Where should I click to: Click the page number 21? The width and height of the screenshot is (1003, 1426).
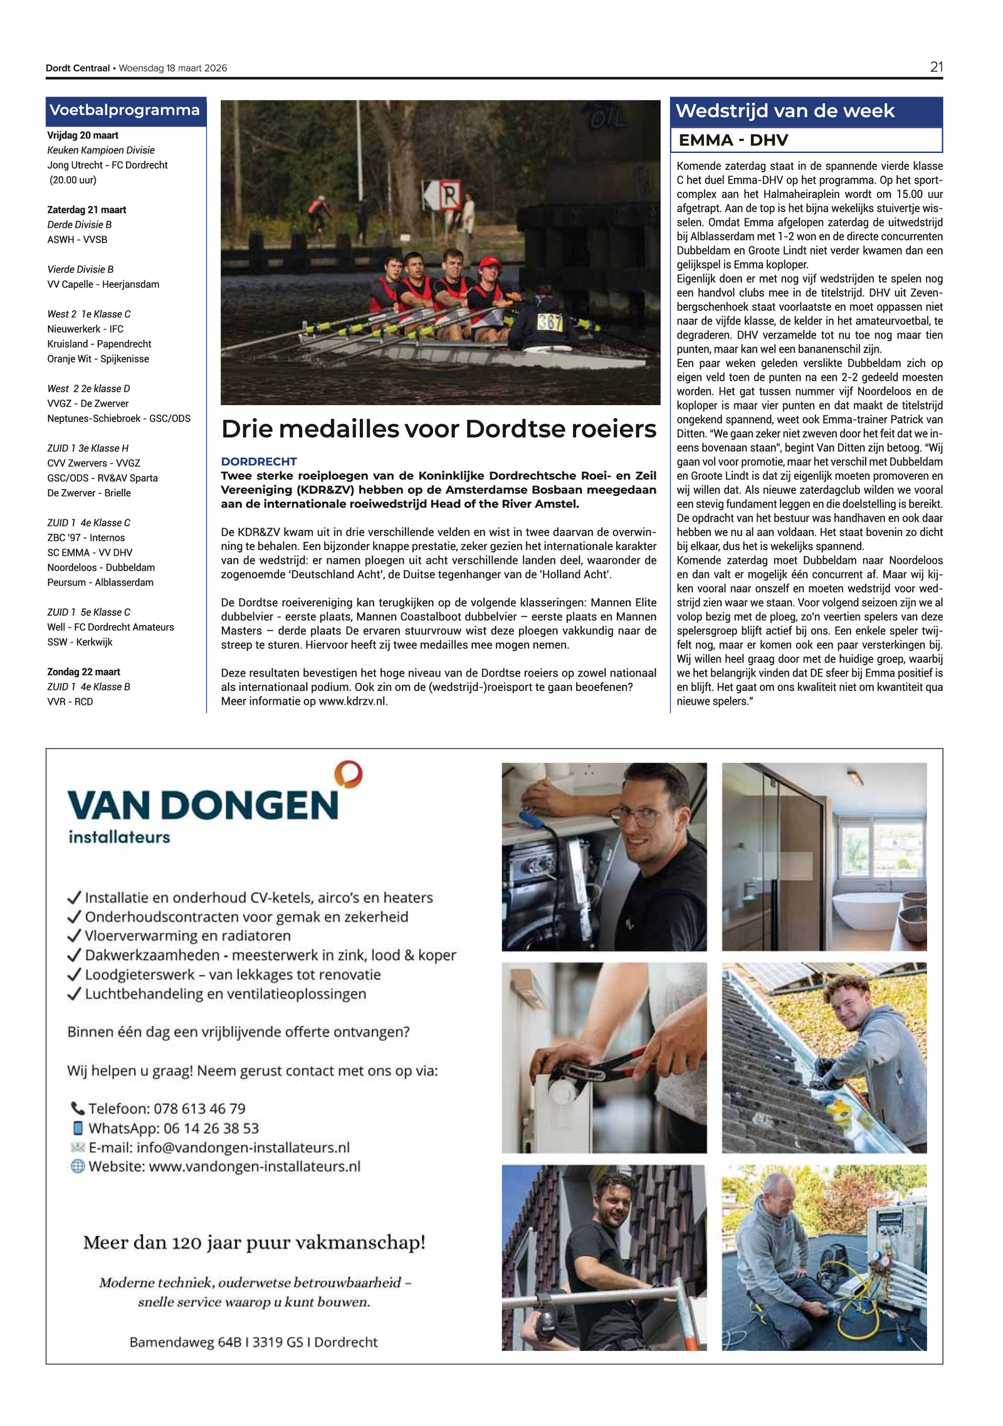coord(935,67)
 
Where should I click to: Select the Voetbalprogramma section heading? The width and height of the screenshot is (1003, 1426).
coord(124,110)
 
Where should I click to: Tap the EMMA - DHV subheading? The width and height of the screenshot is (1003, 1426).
coord(733,140)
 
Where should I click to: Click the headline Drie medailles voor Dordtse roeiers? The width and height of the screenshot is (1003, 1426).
coord(438,429)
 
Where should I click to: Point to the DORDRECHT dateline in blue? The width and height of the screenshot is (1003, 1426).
coord(258,462)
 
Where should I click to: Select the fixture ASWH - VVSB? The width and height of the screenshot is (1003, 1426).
coord(77,240)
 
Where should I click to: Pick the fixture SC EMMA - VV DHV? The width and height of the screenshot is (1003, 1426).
coord(90,552)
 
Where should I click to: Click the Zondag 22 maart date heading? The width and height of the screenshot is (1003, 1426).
coord(83,672)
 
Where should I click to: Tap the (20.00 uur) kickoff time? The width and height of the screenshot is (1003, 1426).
coord(73,180)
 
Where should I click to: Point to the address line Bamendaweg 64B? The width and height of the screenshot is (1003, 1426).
coord(253,1342)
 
